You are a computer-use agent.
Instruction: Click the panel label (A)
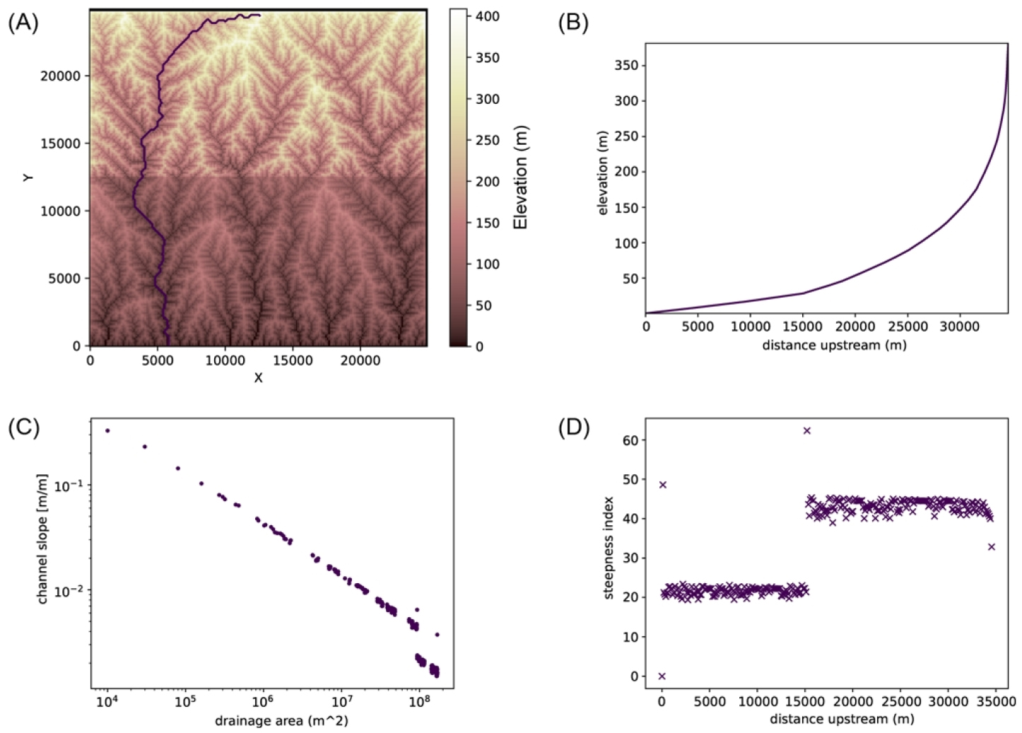point(23,23)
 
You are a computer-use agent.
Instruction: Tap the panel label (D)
point(573,428)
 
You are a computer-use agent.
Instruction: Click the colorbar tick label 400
point(488,16)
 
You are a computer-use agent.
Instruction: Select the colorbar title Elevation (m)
point(521,177)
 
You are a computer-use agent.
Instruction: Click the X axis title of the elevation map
point(258,378)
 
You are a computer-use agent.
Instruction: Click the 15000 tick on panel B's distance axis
point(803,327)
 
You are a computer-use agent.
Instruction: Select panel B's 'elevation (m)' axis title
point(603,172)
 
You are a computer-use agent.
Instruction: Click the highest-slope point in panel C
point(107,430)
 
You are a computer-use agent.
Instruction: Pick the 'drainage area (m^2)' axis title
point(272,721)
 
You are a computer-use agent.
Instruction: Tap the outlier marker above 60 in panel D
point(806,430)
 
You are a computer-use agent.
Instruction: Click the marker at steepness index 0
point(662,676)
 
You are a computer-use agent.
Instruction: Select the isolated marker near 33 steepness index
point(992,547)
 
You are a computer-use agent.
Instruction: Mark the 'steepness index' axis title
point(609,548)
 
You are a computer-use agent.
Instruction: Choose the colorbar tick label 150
point(488,223)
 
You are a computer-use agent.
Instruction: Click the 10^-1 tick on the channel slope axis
point(69,486)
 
